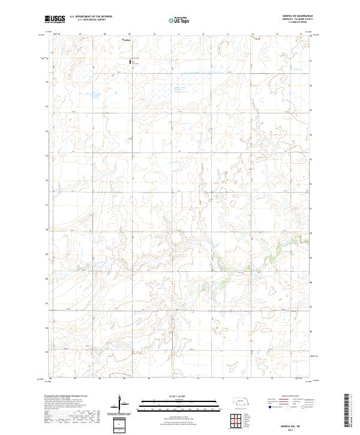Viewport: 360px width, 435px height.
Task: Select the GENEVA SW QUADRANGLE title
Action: pyautogui.click(x=292, y=16)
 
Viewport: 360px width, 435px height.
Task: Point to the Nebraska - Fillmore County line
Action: pyautogui.click(x=292, y=19)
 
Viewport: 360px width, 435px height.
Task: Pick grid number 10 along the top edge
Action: pyautogui.click(x=154, y=34)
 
